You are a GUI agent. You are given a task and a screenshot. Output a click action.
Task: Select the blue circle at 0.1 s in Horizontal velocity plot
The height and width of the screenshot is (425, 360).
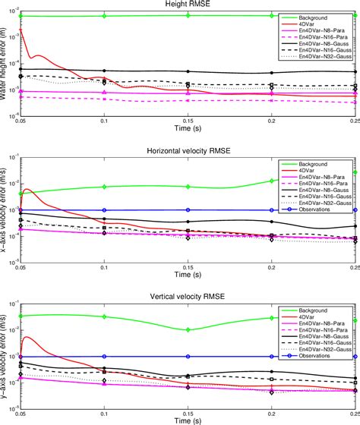click(104, 210)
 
